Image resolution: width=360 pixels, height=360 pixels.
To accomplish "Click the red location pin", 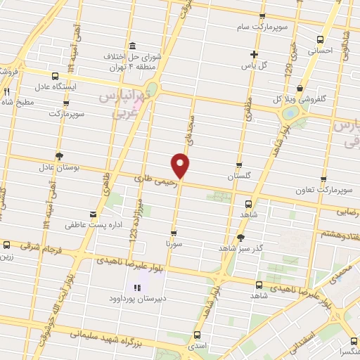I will pyautogui.click(x=181, y=165).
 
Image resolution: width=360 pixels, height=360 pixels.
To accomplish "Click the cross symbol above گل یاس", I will pyautogui.click(x=255, y=55).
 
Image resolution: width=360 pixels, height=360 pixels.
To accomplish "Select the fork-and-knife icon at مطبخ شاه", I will pyautogui.click(x=7, y=91).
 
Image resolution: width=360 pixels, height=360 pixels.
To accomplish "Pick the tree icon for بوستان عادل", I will pyautogui.click(x=58, y=156).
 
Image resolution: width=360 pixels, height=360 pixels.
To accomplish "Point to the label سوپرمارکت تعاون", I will pyautogui.click(x=323, y=191).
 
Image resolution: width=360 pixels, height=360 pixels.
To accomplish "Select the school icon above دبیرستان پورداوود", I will pyautogui.click(x=138, y=287).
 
